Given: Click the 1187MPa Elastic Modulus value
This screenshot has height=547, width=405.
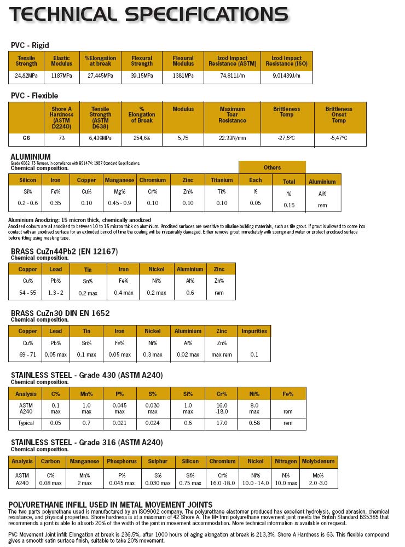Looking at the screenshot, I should pyautogui.click(x=61, y=75).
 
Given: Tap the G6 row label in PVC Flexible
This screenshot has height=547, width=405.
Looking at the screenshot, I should pyautogui.click(x=26, y=138).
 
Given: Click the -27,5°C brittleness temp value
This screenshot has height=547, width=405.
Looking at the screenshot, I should pyautogui.click(x=286, y=138).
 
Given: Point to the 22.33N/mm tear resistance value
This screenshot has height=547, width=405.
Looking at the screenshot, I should pyautogui.click(x=232, y=138).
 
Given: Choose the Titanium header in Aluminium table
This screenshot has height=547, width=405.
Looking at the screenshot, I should pyautogui.click(x=222, y=180).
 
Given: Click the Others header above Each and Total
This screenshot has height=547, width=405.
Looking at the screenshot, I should pyautogui.click(x=272, y=167).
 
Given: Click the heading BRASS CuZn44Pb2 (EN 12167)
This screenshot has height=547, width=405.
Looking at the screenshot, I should pyautogui.click(x=65, y=252).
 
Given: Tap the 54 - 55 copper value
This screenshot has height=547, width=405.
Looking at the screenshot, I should pyautogui.click(x=27, y=293).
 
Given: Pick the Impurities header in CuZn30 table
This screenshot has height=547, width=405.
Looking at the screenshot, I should pyautogui.click(x=254, y=331).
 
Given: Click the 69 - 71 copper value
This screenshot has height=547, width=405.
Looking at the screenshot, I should pyautogui.click(x=27, y=354).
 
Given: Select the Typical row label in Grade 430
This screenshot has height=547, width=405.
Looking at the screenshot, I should pyautogui.click(x=26, y=423).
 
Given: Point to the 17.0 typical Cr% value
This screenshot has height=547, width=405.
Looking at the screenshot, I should pyautogui.click(x=222, y=423).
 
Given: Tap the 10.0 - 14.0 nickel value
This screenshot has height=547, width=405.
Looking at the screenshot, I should pyautogui.click(x=255, y=483).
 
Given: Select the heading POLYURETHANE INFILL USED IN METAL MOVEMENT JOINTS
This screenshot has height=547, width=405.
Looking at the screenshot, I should pyautogui.click(x=111, y=504).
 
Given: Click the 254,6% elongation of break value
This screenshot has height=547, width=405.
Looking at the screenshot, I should pyautogui.click(x=141, y=138).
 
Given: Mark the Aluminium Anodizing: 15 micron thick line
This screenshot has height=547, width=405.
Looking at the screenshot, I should pyautogui.click(x=79, y=220).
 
